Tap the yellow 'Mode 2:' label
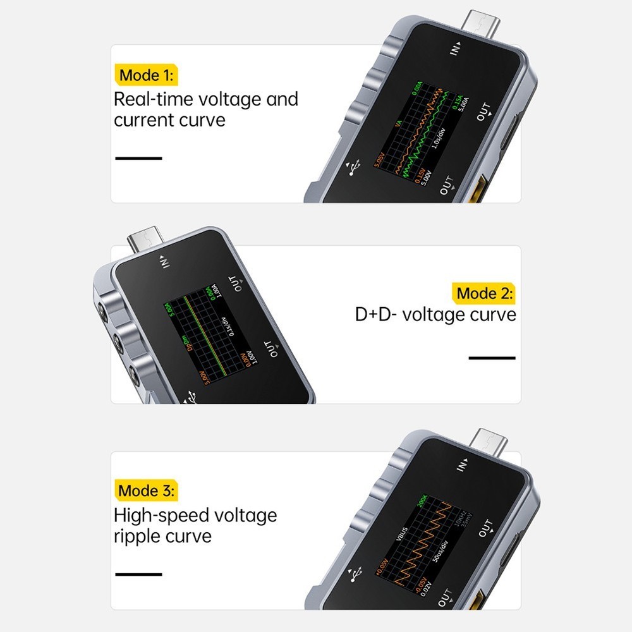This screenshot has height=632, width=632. point(485,293)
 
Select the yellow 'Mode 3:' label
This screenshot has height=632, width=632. point(147,490)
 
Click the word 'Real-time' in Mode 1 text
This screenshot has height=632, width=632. point(154,99)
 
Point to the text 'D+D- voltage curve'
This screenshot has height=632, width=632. point(435,314)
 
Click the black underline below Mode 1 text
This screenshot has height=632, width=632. point(138,158)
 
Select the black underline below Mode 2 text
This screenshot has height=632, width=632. point(492,358)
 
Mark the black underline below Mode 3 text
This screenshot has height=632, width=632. point(138,574)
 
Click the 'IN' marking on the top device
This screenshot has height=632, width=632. point(456,49)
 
